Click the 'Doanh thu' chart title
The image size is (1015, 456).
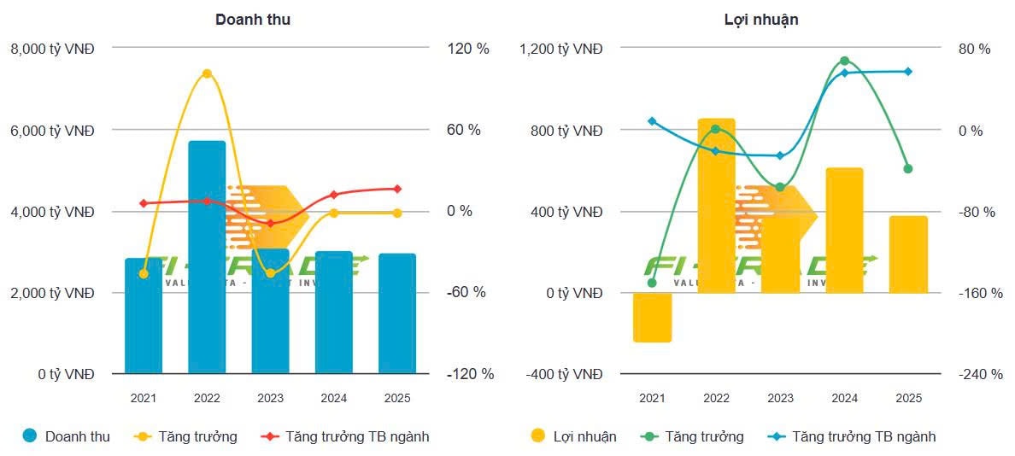[252, 19]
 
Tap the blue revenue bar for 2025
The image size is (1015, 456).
[397, 316]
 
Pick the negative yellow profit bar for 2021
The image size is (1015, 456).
[652, 318]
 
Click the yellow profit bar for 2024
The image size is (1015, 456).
[844, 231]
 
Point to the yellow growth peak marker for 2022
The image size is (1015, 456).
[207, 73]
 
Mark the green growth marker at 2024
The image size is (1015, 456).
[844, 61]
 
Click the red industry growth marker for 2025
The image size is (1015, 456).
[397, 189]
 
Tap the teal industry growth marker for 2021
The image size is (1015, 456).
[652, 121]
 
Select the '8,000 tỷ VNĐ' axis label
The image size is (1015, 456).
[52, 50]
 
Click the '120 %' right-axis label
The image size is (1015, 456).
[468, 50]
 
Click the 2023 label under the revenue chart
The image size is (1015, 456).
[270, 398]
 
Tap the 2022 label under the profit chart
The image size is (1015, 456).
[716, 398]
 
